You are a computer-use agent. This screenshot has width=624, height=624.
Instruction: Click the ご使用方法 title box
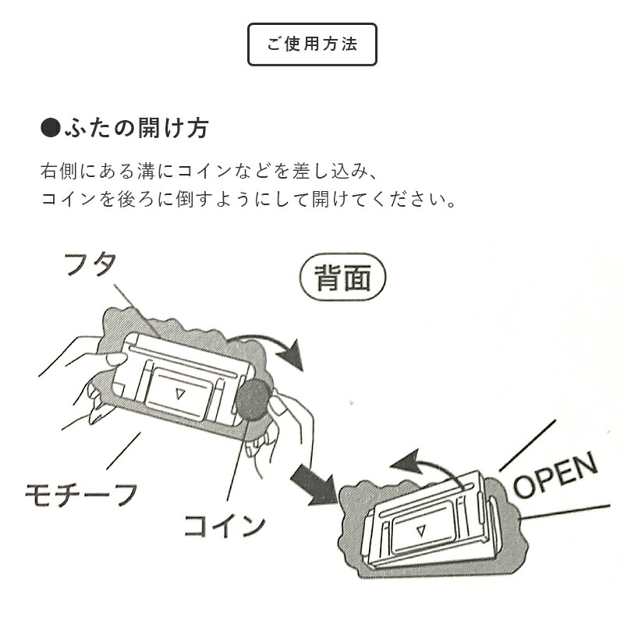[x=312, y=44]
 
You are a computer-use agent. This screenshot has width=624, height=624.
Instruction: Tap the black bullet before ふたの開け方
[x=50, y=128]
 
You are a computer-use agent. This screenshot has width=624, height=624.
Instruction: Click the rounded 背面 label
[x=342, y=278]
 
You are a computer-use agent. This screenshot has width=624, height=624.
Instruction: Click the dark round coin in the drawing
[x=253, y=400]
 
